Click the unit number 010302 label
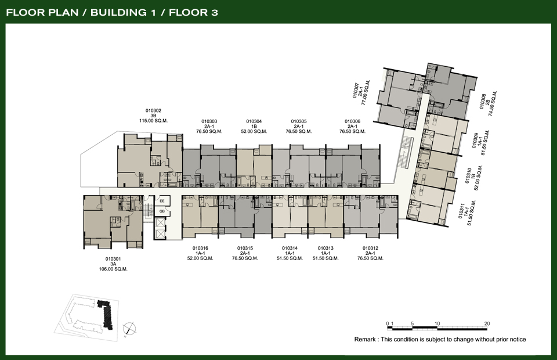click(153, 110)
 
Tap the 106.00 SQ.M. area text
click(113, 269)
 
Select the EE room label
click(162, 201)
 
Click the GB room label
click(162, 211)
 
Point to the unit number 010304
click(254, 121)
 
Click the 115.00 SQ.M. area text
click(153, 121)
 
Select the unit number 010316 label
click(200, 248)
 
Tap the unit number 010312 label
click(370, 248)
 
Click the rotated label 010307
click(356, 91)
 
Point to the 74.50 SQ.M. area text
click(493, 103)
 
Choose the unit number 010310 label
click(468, 175)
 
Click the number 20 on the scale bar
click(487, 323)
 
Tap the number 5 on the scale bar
click(412, 323)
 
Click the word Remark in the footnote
click(364, 340)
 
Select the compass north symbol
click(129, 329)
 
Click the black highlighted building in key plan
click(106, 313)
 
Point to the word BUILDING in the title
click(118, 12)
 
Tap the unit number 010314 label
click(290, 248)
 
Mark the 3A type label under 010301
click(113, 264)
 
